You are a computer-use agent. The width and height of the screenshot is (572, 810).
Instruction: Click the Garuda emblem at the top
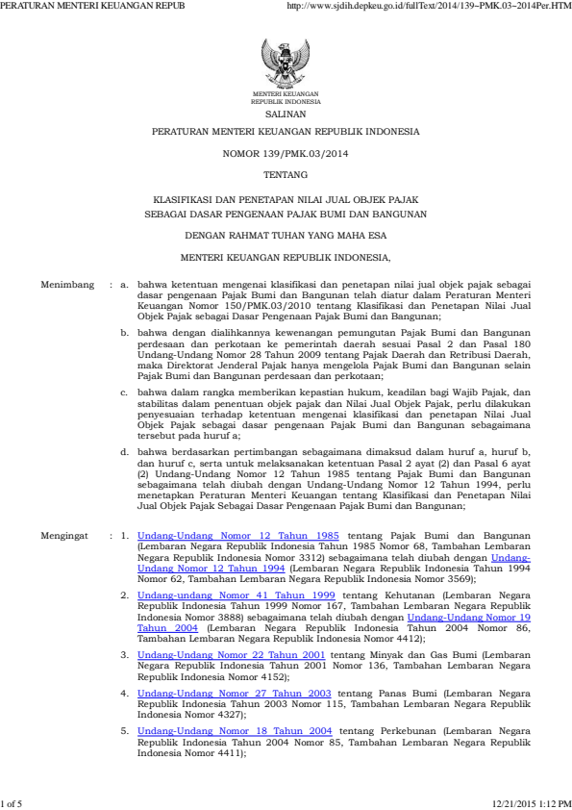pyautogui.click(x=286, y=63)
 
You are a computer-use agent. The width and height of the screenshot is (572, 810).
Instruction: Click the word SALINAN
pyautogui.click(x=286, y=113)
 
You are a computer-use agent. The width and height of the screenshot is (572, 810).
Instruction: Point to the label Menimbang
pyautogui.click(x=67, y=286)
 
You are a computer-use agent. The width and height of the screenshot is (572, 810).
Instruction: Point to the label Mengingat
pyautogui.click(x=67, y=533)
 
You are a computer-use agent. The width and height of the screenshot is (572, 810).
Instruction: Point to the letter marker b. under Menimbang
pyautogui.click(x=124, y=331)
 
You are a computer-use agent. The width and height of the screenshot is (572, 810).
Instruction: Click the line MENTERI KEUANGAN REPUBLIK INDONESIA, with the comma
pyautogui.click(x=286, y=258)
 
